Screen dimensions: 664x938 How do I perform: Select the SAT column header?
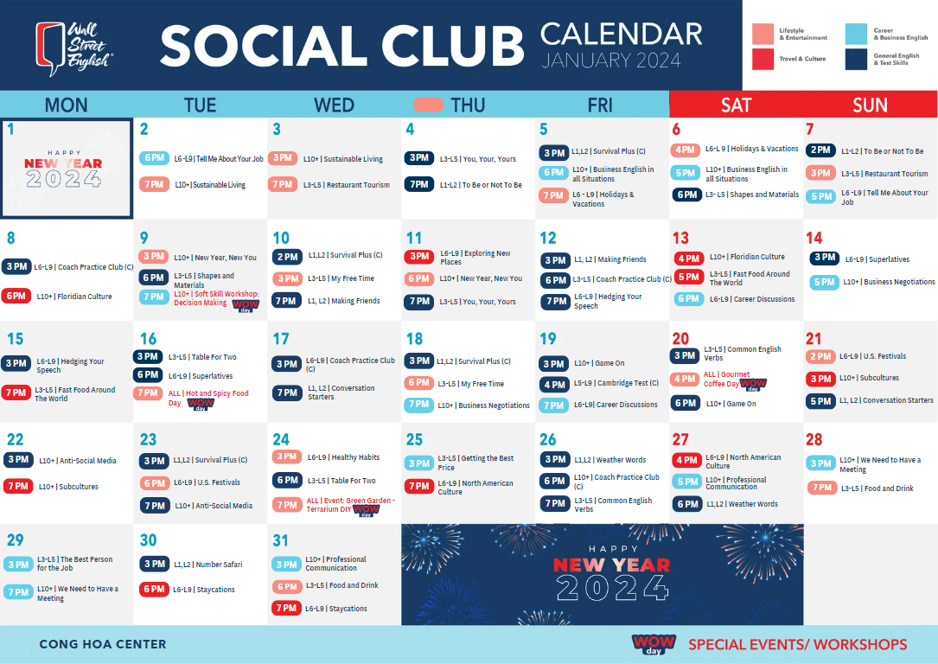pos(736,105)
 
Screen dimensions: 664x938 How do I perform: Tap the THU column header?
pos(468,105)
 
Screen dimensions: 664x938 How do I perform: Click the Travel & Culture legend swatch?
pos(763,59)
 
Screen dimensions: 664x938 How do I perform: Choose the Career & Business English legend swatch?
pos(856,34)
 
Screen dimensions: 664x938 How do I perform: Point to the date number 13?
pos(680,238)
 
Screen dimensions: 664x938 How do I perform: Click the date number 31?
pos(280,540)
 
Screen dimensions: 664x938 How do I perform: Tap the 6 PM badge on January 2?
pos(154,158)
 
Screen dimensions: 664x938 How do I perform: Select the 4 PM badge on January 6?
pos(686,150)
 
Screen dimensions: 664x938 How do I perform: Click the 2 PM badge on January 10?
pos(286,257)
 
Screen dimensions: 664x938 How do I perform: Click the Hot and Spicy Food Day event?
pos(207,398)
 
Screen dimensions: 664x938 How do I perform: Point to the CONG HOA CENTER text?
pos(102,644)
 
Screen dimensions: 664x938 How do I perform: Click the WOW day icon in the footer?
pos(654,643)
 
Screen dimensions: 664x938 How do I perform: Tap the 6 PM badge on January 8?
pos(16,296)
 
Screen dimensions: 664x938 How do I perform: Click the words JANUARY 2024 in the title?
pos(610,61)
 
